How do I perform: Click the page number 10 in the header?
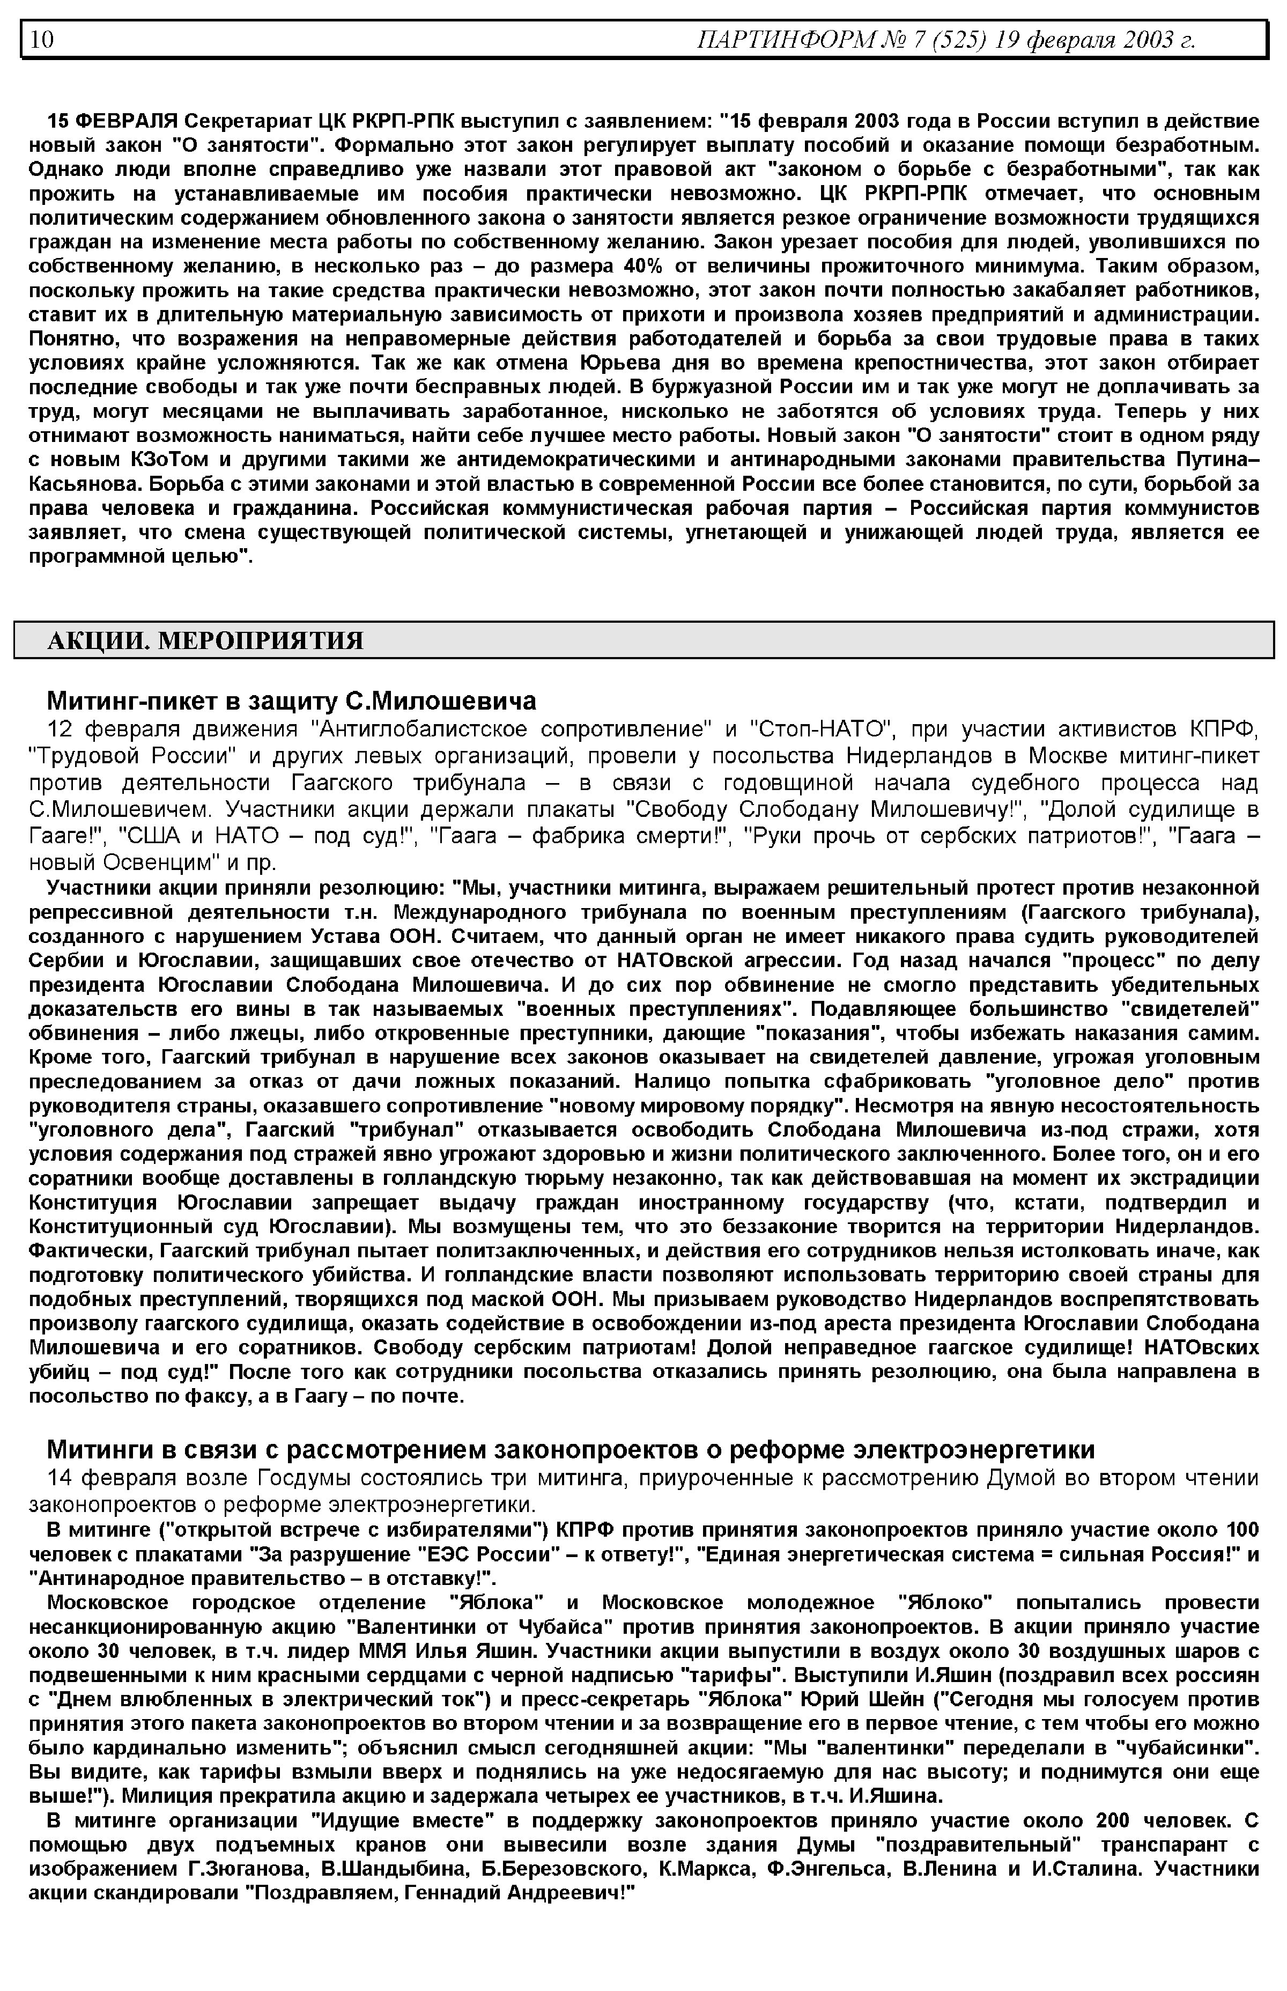tap(42, 39)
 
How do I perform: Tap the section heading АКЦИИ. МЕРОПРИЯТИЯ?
tap(205, 641)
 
